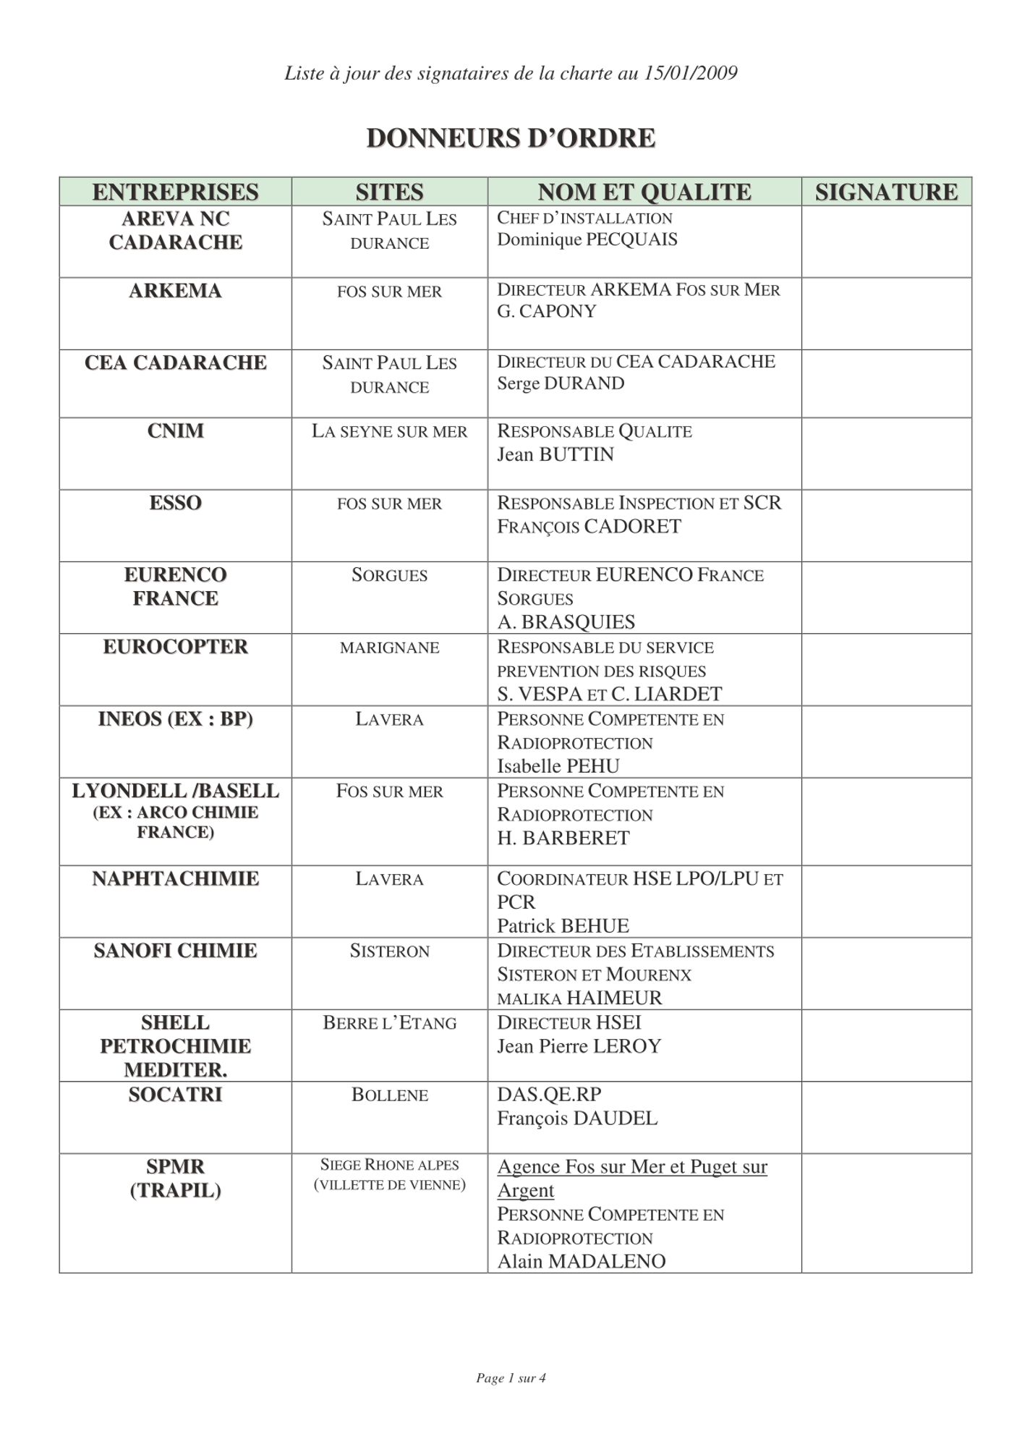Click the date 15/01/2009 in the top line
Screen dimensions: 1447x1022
pyautogui.click(x=690, y=73)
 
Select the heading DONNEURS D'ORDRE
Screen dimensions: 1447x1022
pyautogui.click(x=511, y=137)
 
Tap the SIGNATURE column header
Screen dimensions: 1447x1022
pyautogui.click(x=886, y=192)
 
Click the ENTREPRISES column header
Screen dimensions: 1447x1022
pyautogui.click(x=175, y=192)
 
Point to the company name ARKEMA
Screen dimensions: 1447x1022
pyautogui.click(x=175, y=291)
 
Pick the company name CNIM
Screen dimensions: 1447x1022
pyautogui.click(x=175, y=431)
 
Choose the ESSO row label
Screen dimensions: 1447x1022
pyautogui.click(x=175, y=503)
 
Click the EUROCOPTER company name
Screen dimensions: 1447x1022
pyautogui.click(x=175, y=647)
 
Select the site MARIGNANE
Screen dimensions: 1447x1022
pyautogui.click(x=389, y=648)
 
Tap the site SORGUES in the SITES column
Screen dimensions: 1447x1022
pyautogui.click(x=389, y=575)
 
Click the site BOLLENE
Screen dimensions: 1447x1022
pyautogui.click(x=389, y=1095)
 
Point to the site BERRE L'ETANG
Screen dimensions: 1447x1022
pyautogui.click(x=389, y=1023)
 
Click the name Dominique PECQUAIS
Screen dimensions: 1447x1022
pyautogui.click(x=587, y=239)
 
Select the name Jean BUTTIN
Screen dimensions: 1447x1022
pyautogui.click(x=555, y=454)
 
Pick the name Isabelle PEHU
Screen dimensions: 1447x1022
pyautogui.click(x=558, y=765)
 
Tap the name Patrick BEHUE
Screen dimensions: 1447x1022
pyautogui.click(x=563, y=925)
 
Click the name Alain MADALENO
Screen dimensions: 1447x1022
pyautogui.click(x=581, y=1261)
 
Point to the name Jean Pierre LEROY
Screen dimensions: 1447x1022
pyautogui.click(x=579, y=1046)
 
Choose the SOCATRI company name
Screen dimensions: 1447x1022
pyautogui.click(x=175, y=1095)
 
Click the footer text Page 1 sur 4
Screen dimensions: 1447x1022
pyautogui.click(x=511, y=1378)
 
